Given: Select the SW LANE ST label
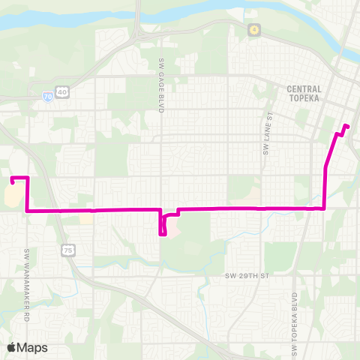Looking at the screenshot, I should pyautogui.click(x=268, y=119).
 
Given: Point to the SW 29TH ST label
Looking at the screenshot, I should pyautogui.click(x=247, y=276).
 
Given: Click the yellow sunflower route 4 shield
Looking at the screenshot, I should pyautogui.click(x=254, y=29).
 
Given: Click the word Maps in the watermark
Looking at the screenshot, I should pyautogui.click(x=33, y=347).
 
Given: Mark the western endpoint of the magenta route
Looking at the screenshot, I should pyautogui.click(x=13, y=180).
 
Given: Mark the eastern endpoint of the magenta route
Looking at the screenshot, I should pyautogui.click(x=346, y=125).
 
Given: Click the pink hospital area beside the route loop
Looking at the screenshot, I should pyautogui.click(x=172, y=226).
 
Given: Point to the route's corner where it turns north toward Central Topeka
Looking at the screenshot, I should pyautogui.click(x=324, y=208).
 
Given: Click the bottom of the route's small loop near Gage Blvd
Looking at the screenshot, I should pyautogui.click(x=163, y=234).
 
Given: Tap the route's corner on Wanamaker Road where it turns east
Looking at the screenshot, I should pyautogui.click(x=28, y=211).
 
